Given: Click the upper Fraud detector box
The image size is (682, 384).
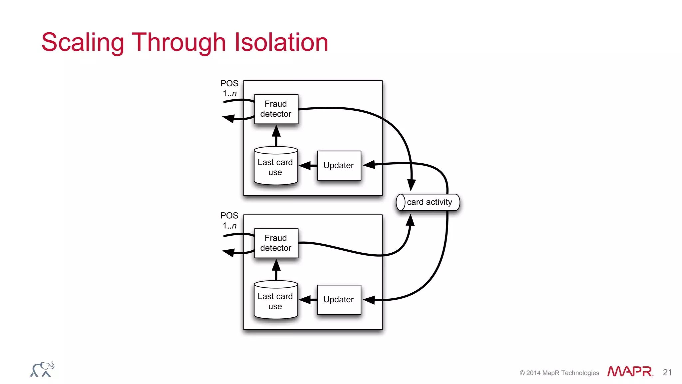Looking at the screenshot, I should pos(276,109).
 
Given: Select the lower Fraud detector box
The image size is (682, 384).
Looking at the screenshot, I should pos(276,243).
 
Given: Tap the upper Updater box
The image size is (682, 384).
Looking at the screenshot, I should pos(339,165).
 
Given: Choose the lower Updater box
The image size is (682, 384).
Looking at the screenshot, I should pos(339,299).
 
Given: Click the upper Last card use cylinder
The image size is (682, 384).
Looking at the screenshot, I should pos(275,167).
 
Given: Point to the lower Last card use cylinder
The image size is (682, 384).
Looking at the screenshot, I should pos(275,301).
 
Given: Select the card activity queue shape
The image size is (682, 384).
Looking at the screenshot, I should pos(428,202).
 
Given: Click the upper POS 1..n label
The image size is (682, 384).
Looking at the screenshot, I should pos(229,88).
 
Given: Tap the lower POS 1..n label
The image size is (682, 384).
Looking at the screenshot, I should pos(229,220).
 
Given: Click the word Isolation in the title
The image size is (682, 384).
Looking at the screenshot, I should pos(281,42).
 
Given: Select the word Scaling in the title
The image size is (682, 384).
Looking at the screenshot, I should pos(83,43).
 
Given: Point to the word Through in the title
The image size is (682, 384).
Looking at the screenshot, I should pos(179,43).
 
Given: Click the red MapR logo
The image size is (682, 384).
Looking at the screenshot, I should pos(630,371).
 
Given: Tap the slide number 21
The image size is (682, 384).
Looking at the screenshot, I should pos(667,372).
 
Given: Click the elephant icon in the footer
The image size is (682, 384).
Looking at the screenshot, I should pos(42,369).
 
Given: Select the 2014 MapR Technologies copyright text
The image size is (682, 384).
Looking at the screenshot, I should pos(559,373).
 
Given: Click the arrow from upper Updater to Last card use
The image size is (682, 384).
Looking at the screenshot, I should pos(308,165).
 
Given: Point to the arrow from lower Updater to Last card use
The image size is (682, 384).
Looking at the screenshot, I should pos(308,300).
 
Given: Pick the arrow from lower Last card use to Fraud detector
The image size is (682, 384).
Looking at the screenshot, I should pos(276,269).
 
